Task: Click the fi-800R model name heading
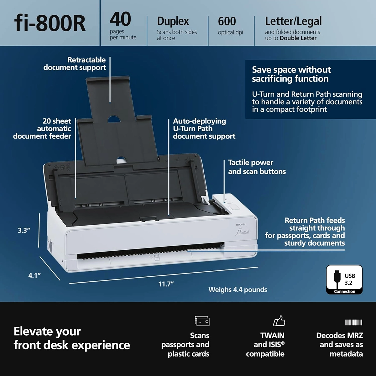click(50, 23)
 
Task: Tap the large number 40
click(120, 19)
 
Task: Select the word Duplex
click(173, 21)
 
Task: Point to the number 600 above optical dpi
click(227, 21)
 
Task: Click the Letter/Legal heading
click(293, 21)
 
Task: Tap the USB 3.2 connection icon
click(344, 279)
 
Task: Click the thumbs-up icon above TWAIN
click(279, 321)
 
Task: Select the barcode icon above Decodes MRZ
click(353, 322)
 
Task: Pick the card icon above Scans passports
click(202, 321)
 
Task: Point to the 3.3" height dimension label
click(24, 230)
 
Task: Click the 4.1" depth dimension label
click(34, 275)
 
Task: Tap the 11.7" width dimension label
click(166, 284)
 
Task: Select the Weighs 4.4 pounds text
click(238, 290)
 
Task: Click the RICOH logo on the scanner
click(241, 225)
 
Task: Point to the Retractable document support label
click(75, 64)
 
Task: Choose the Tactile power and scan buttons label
click(257, 167)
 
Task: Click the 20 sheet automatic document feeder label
click(42, 128)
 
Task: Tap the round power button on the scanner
click(230, 202)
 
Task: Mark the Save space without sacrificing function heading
click(291, 74)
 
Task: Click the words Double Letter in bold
click(298, 38)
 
